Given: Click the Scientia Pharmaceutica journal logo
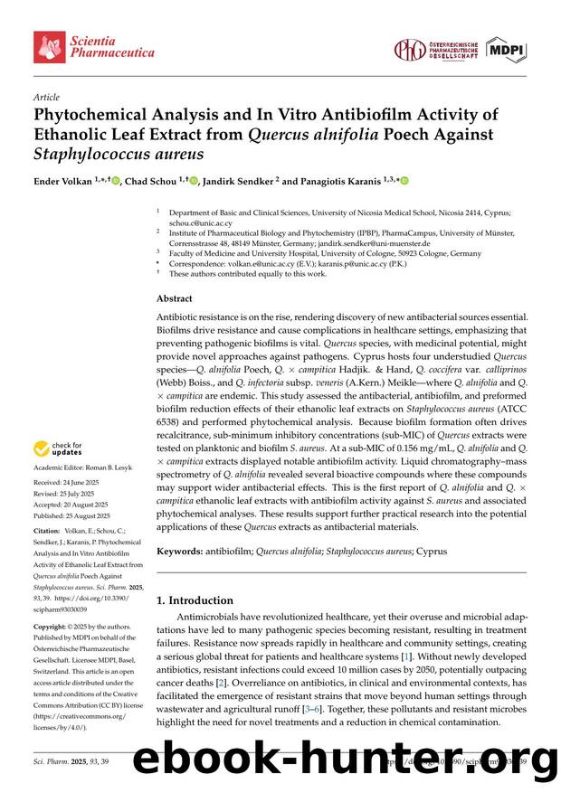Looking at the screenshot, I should coord(94,46).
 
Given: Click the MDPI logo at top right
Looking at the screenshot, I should coord(507,50).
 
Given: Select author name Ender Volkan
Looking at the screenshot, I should coord(63,181).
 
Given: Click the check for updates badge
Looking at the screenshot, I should coord(58,448).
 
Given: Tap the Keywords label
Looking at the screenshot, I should coord(179,551).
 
